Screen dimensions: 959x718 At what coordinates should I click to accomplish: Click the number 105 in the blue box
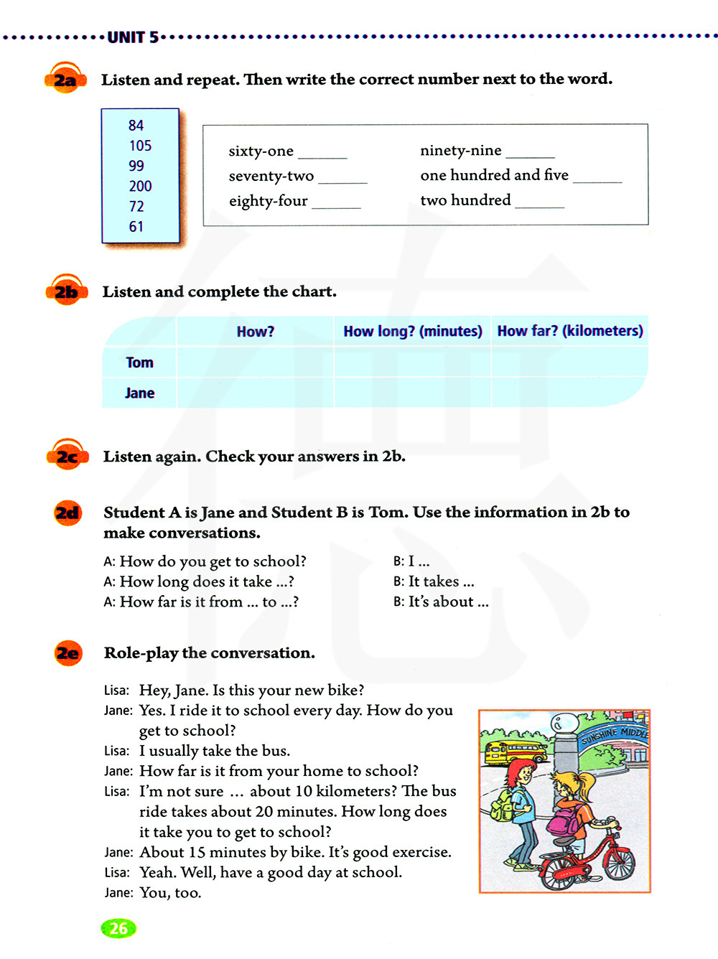tap(140, 146)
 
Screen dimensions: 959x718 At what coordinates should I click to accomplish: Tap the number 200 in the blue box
tap(140, 187)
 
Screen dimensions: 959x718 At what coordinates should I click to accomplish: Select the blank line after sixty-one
tap(322, 155)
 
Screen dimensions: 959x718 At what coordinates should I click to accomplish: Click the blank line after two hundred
tap(540, 205)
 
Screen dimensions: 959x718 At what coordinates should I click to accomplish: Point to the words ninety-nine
tap(460, 151)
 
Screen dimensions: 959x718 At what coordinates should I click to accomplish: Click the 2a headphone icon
tap(65, 79)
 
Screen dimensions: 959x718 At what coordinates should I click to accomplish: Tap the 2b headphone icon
tap(66, 291)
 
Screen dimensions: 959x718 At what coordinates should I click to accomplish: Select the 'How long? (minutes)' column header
tap(412, 332)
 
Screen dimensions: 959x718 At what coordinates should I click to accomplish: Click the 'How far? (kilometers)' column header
tap(570, 331)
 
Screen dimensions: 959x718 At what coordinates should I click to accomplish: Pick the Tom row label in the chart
tap(139, 362)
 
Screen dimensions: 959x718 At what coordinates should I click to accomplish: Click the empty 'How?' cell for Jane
tap(255, 393)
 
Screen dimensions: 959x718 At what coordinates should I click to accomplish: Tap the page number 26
tap(118, 928)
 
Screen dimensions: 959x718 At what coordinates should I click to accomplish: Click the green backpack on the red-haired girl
tap(501, 805)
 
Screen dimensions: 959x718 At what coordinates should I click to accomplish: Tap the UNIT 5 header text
tap(133, 37)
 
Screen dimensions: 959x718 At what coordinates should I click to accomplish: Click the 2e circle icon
tap(68, 653)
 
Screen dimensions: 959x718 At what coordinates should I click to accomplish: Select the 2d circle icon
tap(67, 513)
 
